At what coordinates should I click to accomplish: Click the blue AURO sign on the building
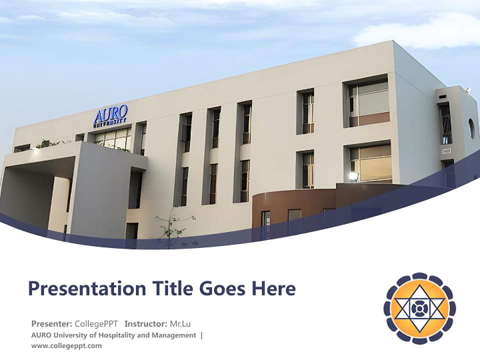(x=110, y=114)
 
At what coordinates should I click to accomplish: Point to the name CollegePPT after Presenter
(x=96, y=323)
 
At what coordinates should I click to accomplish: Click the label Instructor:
(x=146, y=323)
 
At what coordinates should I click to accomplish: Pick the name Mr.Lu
(x=180, y=323)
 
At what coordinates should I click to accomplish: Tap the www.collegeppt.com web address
(x=66, y=345)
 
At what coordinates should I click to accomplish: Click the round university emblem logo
(x=419, y=308)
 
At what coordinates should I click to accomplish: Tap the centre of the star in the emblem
(x=419, y=308)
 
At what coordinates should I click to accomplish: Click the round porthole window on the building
(x=471, y=128)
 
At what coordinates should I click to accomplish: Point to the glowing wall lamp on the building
(x=353, y=176)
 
